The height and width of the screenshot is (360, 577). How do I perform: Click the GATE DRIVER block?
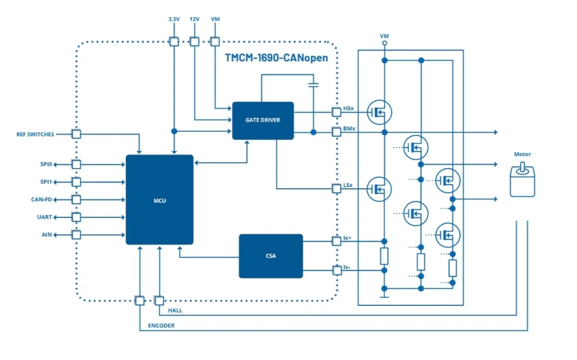coord(263,121)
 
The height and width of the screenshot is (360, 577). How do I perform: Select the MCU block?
coord(159,199)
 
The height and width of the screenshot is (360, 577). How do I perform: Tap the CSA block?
coord(271,256)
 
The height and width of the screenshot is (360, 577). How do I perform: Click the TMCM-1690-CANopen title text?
coord(276,58)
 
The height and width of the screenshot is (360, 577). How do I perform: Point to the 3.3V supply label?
coord(174,19)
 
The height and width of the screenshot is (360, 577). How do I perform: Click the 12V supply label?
coord(194,19)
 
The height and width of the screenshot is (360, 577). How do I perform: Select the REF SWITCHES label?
coord(35,134)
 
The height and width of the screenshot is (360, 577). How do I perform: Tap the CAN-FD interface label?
coord(42,199)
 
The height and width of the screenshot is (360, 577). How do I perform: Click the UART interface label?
coord(45,217)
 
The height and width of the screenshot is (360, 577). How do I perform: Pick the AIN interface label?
coord(47,234)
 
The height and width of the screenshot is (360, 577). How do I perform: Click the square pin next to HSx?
coord(336,112)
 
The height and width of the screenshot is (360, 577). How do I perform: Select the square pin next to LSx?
coord(336,189)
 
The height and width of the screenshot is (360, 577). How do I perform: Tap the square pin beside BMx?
coord(336,132)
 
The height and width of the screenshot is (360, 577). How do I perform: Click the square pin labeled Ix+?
coord(336,242)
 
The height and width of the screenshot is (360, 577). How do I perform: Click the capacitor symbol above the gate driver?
coord(313,85)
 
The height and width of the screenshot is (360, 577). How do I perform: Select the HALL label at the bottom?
coord(175,310)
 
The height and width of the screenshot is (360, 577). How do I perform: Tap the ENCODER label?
coord(161,326)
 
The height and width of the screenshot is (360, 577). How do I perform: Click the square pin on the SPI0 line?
coord(76,164)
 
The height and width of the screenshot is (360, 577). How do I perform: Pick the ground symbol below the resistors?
coord(384,295)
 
